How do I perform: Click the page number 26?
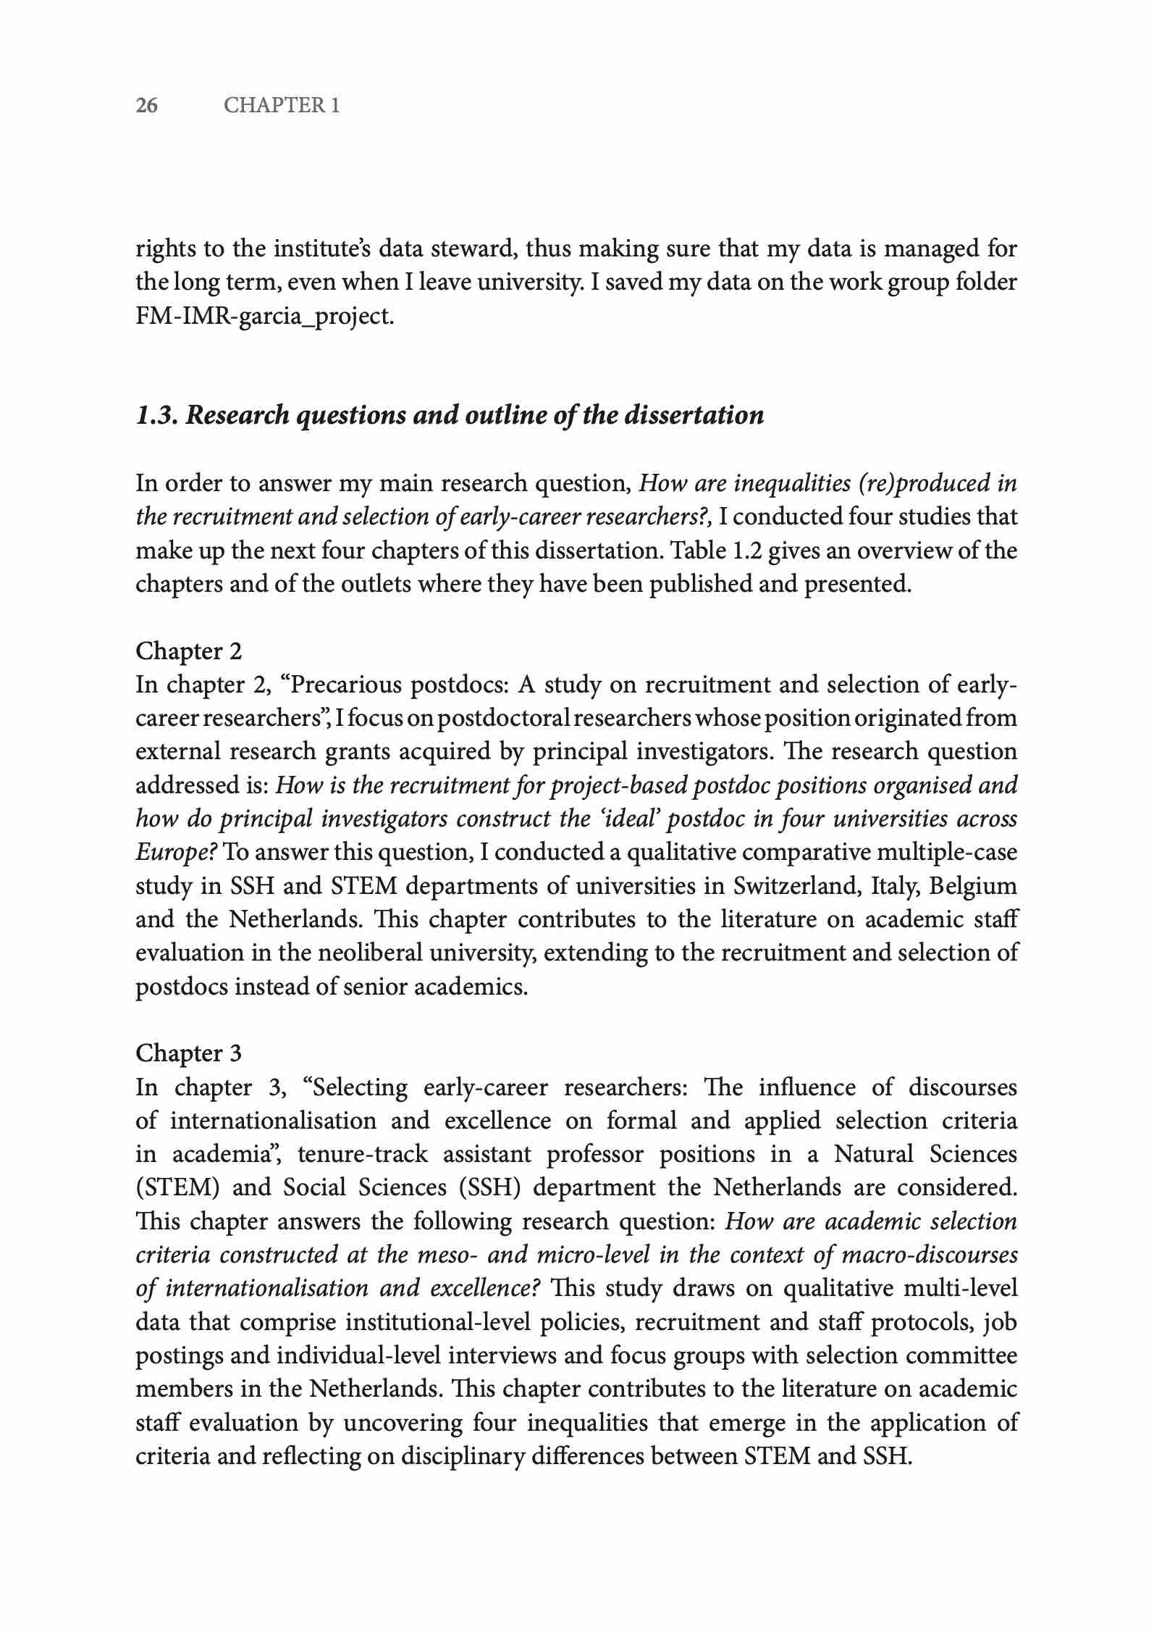pyautogui.click(x=147, y=106)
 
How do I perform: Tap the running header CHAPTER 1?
pyautogui.click(x=282, y=106)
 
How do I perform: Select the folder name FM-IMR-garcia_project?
pyautogui.click(x=265, y=317)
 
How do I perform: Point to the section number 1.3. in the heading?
pyautogui.click(x=157, y=415)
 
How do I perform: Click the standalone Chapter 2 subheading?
pyautogui.click(x=189, y=651)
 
